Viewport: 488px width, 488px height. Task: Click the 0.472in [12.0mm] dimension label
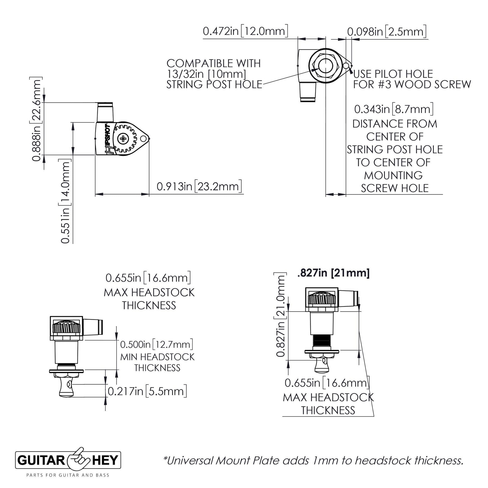245,32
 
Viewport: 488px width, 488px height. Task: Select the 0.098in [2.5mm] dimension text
387,32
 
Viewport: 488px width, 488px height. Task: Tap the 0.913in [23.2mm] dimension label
199,187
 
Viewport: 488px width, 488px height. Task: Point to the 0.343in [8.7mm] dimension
394,109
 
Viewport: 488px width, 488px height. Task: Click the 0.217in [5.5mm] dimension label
147,391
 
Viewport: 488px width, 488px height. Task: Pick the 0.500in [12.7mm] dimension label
156,344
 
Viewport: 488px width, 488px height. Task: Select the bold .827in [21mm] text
334,273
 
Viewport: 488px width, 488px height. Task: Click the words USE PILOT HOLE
393,74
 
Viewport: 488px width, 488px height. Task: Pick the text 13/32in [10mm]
206,74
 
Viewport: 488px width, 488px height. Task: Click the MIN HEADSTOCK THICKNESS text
157,362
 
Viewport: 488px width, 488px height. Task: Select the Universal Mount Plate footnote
313,460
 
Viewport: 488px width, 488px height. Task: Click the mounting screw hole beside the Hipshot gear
143,139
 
